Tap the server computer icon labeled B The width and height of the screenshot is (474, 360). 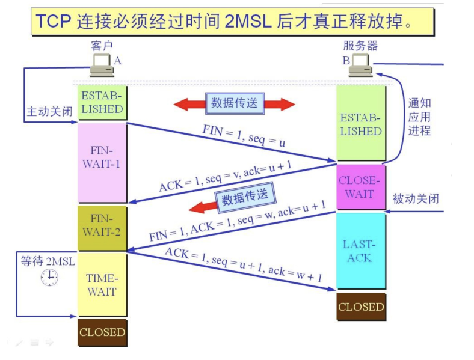click(362, 65)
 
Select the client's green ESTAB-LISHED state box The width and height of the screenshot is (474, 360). click(102, 103)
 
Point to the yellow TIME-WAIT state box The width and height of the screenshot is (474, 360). click(102, 284)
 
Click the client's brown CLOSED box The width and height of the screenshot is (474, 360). click(102, 332)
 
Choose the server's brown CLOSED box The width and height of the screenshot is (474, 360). click(360, 307)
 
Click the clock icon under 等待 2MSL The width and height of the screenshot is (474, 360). click(49, 277)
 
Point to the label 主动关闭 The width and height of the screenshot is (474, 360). click(49, 112)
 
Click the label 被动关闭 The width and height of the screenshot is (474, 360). click(416, 198)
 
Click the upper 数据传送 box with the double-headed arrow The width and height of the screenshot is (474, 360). click(234, 103)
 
